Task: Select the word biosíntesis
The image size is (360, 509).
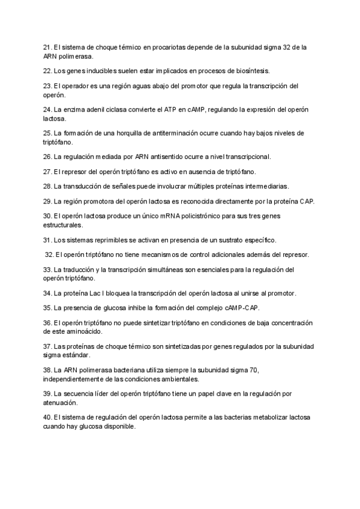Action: [254, 71]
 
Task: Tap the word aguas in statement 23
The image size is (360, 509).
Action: [128, 86]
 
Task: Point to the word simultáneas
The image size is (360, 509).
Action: [163, 270]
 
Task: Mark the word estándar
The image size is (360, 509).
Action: [76, 355]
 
